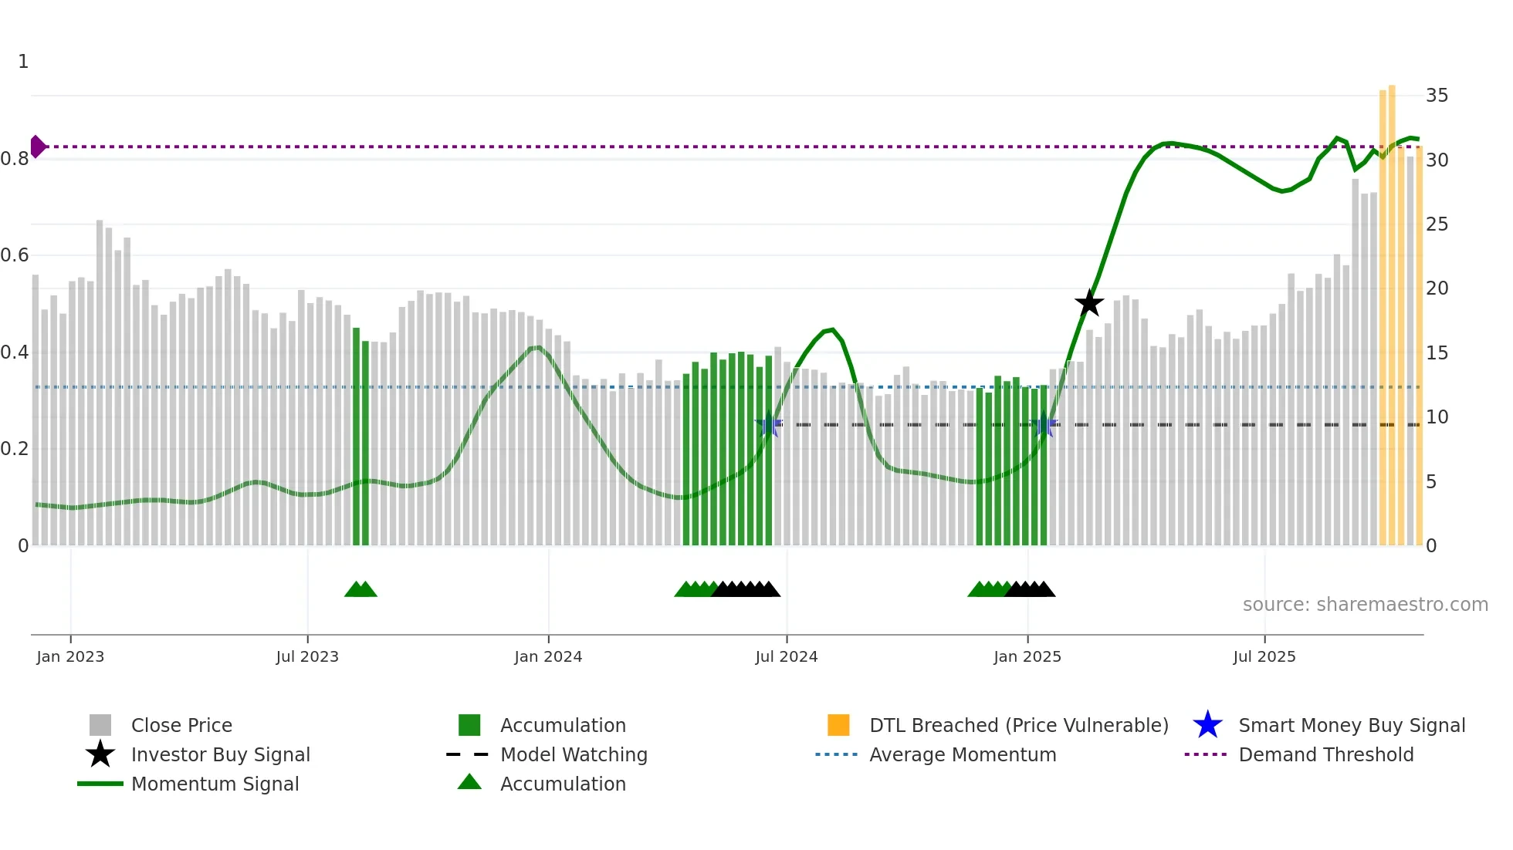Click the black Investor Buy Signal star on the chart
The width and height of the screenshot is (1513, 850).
click(1089, 303)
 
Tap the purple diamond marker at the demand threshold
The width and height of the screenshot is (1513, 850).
click(37, 147)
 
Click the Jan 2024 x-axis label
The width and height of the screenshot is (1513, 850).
click(548, 656)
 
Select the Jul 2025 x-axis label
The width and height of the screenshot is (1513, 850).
click(1264, 656)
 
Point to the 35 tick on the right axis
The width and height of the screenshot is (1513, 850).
click(1437, 96)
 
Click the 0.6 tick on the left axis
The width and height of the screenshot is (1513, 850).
click(15, 255)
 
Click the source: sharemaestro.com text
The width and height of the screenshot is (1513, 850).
click(1365, 604)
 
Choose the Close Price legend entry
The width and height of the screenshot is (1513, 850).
click(181, 725)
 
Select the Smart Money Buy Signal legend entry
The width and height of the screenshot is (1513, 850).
click(1351, 725)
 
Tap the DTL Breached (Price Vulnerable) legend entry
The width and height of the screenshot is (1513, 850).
click(1018, 725)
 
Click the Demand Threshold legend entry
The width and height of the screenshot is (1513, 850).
click(1325, 754)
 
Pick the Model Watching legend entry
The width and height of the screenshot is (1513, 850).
click(573, 754)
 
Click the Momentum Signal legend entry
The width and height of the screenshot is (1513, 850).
click(215, 784)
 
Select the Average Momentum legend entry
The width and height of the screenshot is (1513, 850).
click(962, 754)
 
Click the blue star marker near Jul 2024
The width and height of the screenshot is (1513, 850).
click(768, 425)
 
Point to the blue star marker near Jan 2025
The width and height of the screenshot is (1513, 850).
click(1044, 425)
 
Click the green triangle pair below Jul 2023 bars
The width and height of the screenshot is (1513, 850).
click(360, 589)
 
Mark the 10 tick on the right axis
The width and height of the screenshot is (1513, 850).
click(1437, 417)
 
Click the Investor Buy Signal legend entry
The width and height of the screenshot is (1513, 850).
click(220, 754)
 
